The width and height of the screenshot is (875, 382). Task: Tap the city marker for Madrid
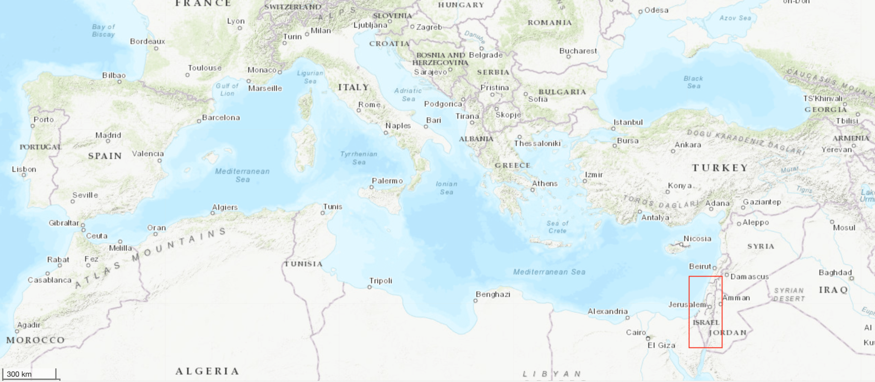pyautogui.click(x=108, y=141)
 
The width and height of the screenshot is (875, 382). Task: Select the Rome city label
pyautogui.click(x=369, y=104)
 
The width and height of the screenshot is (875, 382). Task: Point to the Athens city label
pyautogui.click(x=544, y=184)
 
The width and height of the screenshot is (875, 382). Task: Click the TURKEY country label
pyautogui.click(x=720, y=168)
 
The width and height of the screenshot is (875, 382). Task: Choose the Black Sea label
pyautogui.click(x=693, y=82)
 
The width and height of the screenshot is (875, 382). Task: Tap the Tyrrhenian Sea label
pyautogui.click(x=358, y=158)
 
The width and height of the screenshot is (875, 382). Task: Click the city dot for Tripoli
pyautogui.click(x=370, y=287)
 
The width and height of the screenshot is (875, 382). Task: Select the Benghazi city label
pyautogui.click(x=493, y=294)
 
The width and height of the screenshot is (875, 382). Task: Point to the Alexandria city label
pyautogui.click(x=607, y=311)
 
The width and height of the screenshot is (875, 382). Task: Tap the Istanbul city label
pyautogui.click(x=628, y=122)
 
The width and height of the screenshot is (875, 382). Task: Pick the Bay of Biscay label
pyautogui.click(x=103, y=30)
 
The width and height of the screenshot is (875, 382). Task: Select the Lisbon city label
pyautogui.click(x=24, y=169)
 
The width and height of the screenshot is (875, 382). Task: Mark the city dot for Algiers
pyautogui.click(x=213, y=213)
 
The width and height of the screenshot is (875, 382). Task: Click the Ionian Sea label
pyautogui.click(x=446, y=188)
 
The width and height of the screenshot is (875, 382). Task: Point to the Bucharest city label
pyautogui.click(x=578, y=51)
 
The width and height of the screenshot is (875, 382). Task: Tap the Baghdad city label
pyautogui.click(x=835, y=272)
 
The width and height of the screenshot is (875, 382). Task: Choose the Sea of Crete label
pyautogui.click(x=557, y=227)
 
